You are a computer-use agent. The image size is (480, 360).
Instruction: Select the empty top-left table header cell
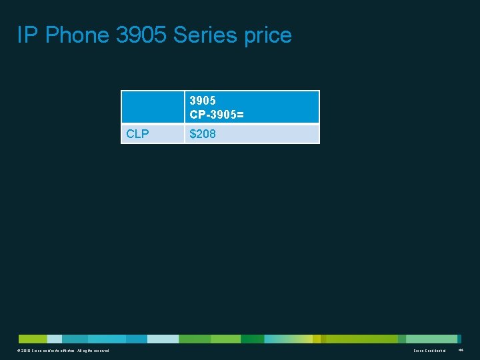152,107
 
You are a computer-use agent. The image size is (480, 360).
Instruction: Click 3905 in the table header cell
203,101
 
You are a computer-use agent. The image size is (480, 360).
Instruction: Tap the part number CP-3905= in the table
217,115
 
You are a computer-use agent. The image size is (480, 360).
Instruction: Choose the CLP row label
137,134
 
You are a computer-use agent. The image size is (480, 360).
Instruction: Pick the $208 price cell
203,134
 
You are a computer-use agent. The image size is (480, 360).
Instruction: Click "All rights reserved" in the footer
93,351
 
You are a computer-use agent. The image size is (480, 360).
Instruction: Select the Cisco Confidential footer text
429,351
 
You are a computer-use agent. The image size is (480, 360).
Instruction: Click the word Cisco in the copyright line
38,351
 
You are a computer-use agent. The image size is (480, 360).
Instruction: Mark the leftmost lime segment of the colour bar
32,339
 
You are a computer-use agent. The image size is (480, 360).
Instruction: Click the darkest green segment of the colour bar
252,339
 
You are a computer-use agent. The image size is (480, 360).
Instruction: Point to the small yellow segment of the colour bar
317,339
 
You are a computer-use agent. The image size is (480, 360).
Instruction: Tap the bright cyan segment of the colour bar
107,339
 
